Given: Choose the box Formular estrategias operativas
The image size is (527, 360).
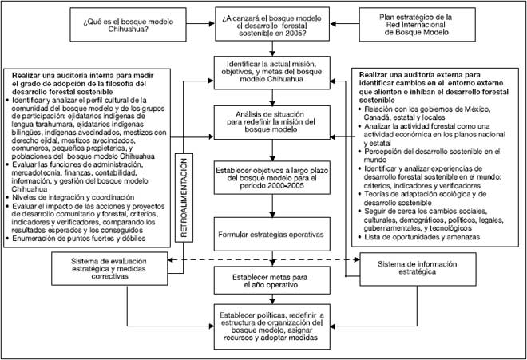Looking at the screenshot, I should point(271,235).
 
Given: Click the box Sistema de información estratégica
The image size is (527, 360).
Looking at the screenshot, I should point(411,266).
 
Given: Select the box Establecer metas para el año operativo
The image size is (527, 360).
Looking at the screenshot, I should point(271,281).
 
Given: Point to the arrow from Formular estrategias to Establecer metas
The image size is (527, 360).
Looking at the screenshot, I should point(271,259).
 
